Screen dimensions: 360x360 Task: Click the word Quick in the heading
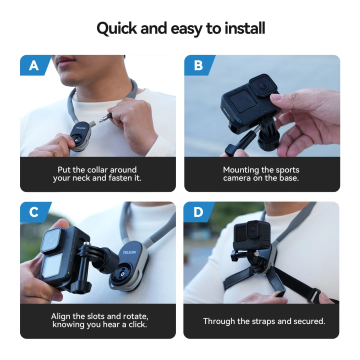point(118,27)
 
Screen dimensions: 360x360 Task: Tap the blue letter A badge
point(33,66)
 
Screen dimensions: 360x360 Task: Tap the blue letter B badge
point(197,66)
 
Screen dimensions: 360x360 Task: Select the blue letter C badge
point(33,213)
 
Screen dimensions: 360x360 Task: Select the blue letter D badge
point(197,213)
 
